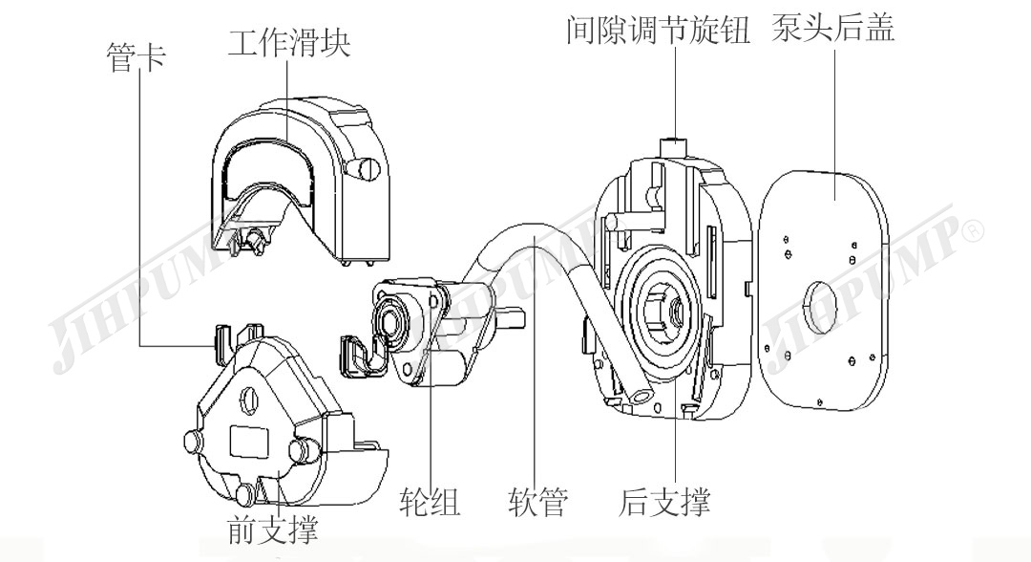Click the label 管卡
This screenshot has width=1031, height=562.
[134, 58]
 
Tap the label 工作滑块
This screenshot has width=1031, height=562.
[288, 43]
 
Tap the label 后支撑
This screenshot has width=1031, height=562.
[664, 501]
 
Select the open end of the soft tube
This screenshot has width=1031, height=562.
[640, 393]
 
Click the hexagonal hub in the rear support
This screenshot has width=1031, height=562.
[664, 308]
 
